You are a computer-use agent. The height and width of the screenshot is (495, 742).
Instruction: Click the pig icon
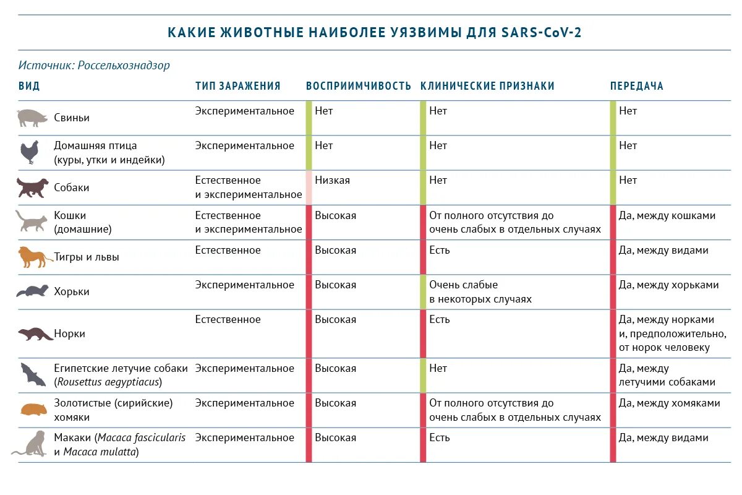click(32, 118)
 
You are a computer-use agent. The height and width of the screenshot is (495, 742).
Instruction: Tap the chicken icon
click(30, 152)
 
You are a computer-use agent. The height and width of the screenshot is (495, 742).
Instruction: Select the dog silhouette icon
click(32, 187)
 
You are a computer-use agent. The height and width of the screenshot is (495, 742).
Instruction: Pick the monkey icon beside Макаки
click(31, 444)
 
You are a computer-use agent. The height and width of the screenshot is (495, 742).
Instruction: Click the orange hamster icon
click(32, 410)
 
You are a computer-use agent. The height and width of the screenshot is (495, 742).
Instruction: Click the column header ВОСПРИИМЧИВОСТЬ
click(359, 86)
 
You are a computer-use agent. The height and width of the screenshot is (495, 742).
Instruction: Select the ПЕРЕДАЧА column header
click(637, 86)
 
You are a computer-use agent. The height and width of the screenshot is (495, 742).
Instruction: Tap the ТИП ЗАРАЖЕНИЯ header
click(238, 86)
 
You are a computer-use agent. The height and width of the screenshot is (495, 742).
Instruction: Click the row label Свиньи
click(72, 118)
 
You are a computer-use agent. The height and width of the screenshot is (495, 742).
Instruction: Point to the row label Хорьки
click(72, 291)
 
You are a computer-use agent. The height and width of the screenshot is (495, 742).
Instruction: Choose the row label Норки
click(69, 334)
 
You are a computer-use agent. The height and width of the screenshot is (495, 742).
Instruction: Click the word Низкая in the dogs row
click(332, 180)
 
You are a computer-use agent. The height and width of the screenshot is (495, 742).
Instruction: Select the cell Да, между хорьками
click(669, 285)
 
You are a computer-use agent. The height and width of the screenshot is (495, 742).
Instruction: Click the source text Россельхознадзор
click(124, 65)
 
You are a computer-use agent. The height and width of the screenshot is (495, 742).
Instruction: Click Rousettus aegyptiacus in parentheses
click(108, 382)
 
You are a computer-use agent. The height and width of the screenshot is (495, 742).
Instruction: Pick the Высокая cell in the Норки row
click(335, 319)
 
